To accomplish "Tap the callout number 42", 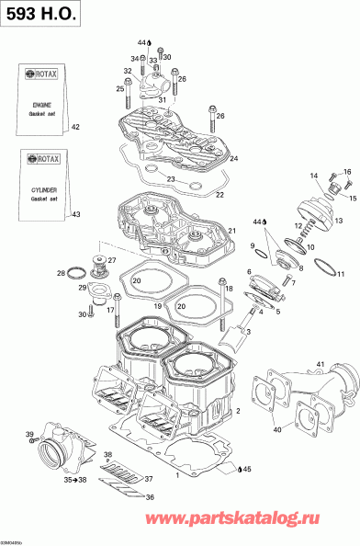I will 76,127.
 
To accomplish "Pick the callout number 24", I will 233,159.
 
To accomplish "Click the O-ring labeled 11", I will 323,268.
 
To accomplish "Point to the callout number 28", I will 61,273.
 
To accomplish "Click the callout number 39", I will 29,434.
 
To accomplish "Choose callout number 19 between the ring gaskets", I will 158,305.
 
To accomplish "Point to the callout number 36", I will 150,497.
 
